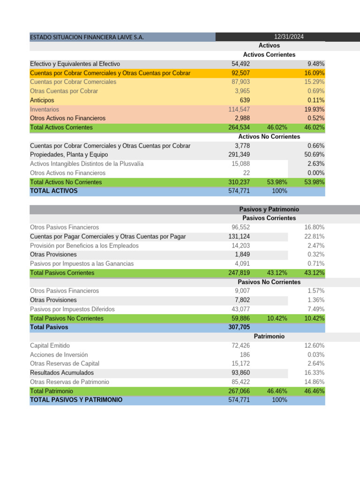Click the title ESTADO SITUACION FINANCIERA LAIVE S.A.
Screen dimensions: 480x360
[x=87, y=37]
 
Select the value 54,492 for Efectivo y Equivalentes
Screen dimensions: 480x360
[x=240, y=64]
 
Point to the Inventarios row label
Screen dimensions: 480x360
[x=45, y=109]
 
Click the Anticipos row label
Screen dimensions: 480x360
[x=42, y=100]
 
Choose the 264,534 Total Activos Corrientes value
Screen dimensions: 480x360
[x=239, y=127]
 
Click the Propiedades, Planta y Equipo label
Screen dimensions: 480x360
[x=69, y=155]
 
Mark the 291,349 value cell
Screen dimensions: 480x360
[x=239, y=155]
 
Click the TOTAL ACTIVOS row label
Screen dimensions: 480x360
[x=54, y=191]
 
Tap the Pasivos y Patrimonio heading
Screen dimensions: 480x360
[x=269, y=210]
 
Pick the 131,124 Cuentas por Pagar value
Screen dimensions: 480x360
[x=239, y=236]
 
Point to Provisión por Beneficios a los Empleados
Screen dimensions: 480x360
[x=84, y=246]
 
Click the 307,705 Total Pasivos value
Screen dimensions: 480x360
[x=239, y=327]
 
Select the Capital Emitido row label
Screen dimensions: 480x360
[x=50, y=345]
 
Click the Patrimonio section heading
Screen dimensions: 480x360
[x=269, y=337]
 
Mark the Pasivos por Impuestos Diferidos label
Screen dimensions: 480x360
[x=72, y=309]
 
